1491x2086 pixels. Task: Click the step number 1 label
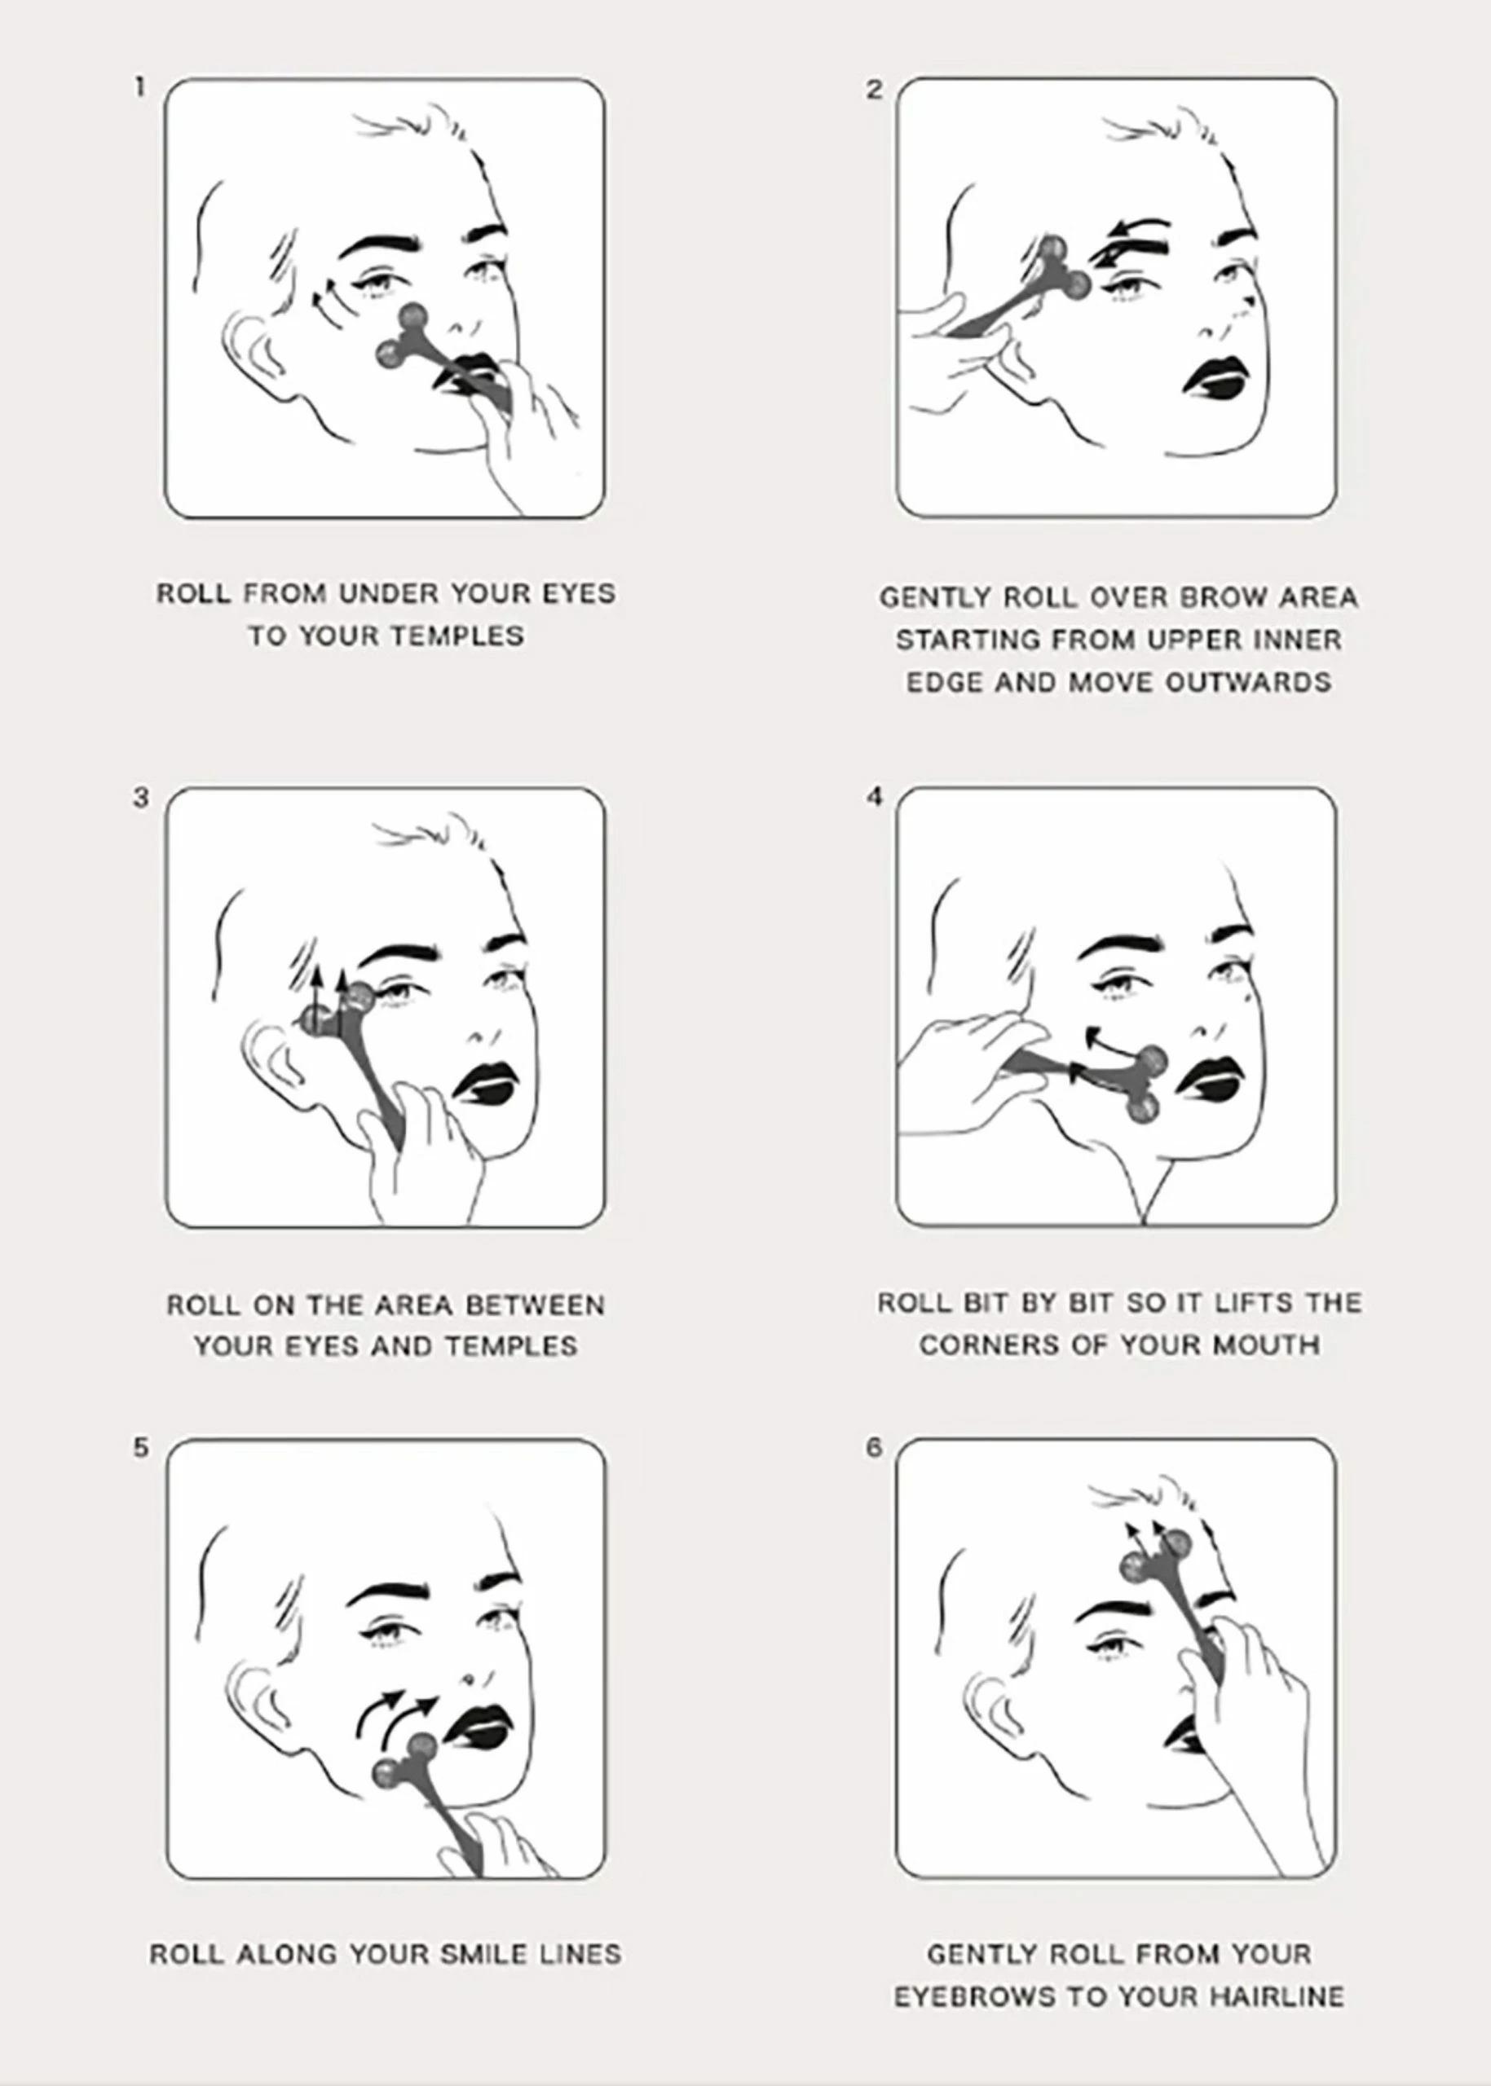(139, 88)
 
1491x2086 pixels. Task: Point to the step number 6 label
(873, 1447)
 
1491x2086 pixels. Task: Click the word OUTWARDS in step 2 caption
(1248, 683)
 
